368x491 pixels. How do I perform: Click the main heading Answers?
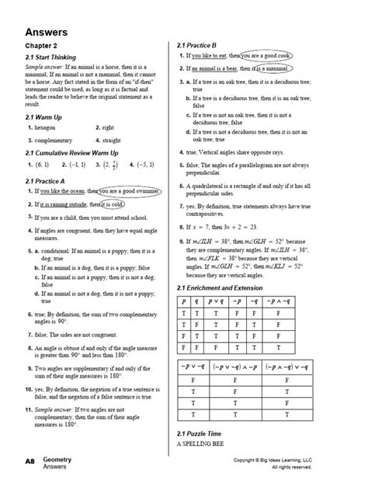[46, 33]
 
